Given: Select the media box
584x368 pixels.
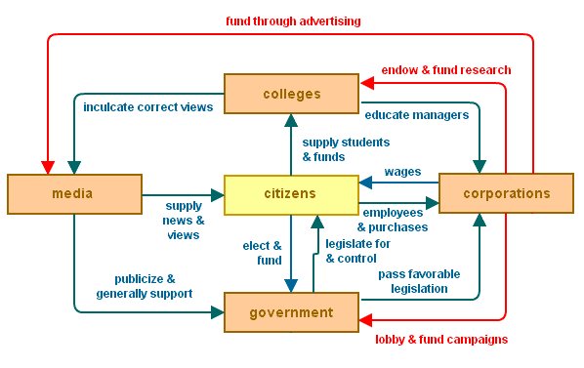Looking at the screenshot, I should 73,193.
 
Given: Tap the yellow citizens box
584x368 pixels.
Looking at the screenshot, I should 291,193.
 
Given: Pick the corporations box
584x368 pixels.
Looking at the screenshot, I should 507,193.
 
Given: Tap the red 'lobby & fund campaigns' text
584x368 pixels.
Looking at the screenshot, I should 442,339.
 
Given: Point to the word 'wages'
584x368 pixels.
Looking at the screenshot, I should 402,171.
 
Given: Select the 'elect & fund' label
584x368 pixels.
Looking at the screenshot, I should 263,253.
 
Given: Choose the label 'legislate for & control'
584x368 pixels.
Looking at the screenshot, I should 357,251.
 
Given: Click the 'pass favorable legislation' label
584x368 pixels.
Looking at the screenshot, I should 419,281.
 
